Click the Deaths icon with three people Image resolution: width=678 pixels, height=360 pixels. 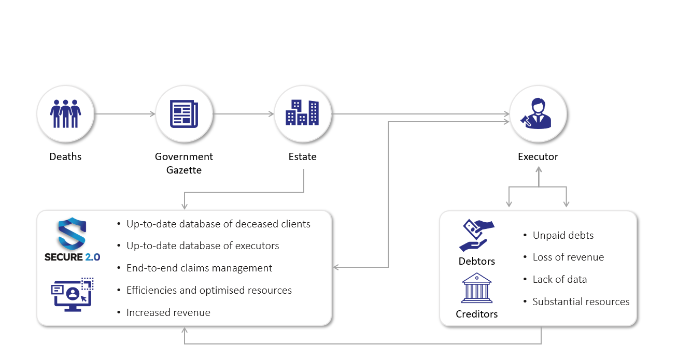(65, 113)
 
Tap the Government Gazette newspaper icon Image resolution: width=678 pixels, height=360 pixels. (184, 113)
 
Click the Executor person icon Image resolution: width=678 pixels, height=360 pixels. (538, 113)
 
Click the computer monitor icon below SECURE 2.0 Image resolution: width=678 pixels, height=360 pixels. (72, 294)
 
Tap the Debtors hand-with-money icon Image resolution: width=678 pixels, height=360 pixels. (477, 236)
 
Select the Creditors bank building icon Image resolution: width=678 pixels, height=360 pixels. (476, 289)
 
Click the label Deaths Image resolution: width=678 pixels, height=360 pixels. (65, 156)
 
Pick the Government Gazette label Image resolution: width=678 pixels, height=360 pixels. (184, 163)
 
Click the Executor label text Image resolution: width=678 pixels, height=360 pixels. (538, 156)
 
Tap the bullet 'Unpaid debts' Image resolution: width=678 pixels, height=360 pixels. (563, 235)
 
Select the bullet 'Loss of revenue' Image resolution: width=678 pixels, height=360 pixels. (568, 257)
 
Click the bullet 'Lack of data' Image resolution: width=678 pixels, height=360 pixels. (560, 280)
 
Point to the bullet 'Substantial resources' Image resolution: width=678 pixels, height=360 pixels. (581, 301)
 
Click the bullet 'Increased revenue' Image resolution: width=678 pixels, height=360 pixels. (168, 312)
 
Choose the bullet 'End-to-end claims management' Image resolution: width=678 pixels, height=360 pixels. (199, 268)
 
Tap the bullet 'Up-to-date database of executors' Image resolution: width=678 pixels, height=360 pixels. (203, 246)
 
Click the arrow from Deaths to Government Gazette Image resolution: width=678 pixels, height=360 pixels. (125, 114)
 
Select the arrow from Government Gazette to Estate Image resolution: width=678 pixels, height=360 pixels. (243, 114)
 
